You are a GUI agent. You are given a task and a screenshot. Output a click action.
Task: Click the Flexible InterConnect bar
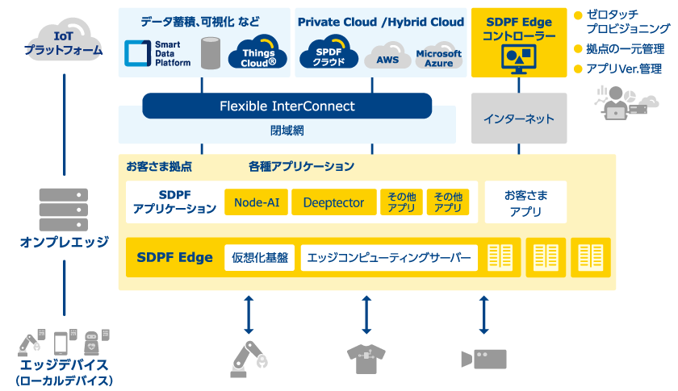pos(287,106)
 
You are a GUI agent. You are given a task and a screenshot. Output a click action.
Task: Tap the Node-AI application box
pos(257,202)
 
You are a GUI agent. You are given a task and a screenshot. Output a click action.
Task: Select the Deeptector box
pos(334,202)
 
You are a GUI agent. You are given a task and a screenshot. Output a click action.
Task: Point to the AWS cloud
pos(387,56)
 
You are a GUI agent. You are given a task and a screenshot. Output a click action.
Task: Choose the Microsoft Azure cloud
pos(439,56)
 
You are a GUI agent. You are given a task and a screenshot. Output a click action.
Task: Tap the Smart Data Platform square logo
pos(137,53)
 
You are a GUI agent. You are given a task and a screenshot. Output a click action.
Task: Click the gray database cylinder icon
pos(211,53)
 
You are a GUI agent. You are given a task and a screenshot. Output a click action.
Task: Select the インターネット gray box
pos(519,118)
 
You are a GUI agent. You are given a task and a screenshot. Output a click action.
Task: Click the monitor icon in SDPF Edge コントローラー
pos(519,59)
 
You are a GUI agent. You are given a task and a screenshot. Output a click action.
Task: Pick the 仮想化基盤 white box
pos(259,258)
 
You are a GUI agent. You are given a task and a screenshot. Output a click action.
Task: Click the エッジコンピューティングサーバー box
pos(389,258)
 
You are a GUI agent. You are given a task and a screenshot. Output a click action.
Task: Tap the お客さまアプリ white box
pos(525,202)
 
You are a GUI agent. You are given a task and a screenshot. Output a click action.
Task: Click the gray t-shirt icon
pos(366,359)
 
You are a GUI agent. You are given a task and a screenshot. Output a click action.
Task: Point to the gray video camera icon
pos(483,359)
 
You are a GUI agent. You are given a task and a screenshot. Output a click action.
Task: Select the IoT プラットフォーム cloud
pos(64,41)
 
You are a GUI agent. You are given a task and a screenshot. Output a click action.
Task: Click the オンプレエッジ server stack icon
pos(64,210)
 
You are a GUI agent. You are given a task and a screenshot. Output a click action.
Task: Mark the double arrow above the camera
pos(483,315)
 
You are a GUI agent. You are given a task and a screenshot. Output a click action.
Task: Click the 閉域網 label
pos(287,131)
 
